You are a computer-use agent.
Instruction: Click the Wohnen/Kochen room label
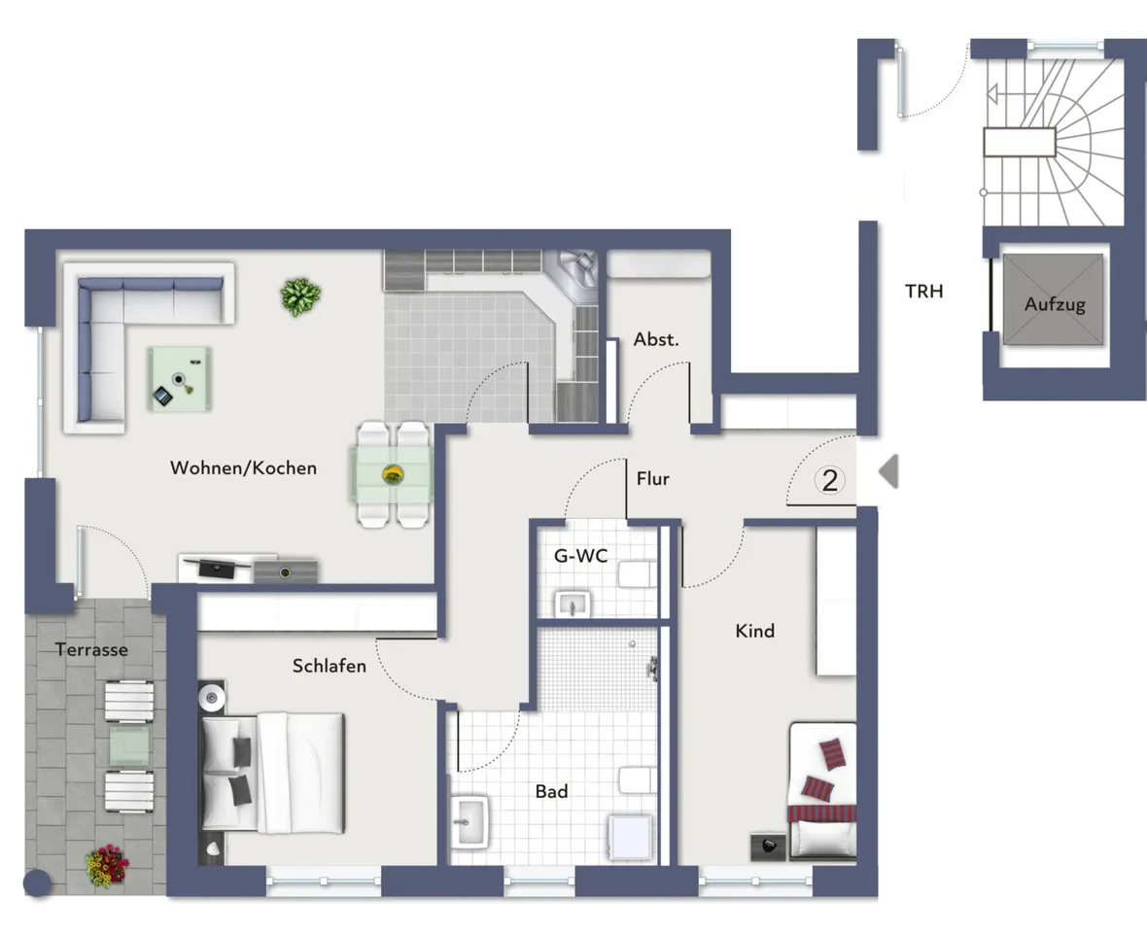point(244,468)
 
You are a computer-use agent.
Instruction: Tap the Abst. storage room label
point(656,339)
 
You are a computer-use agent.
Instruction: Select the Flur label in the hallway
point(652,479)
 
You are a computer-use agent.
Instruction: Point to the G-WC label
point(581,556)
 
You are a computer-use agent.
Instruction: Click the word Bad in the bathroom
point(551,791)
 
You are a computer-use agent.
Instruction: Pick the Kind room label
point(755,631)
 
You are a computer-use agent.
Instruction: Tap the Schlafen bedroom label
point(330,666)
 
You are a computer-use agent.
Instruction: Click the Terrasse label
point(91,649)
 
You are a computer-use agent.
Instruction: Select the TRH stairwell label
point(923,291)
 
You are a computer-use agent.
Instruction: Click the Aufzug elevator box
point(1054,299)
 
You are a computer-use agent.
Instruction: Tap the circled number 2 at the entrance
point(829,480)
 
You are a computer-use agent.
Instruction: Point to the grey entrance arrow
point(888,471)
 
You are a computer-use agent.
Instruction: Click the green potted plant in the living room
point(300,296)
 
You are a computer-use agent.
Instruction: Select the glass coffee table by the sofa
point(180,379)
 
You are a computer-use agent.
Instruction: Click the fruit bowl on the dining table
point(393,474)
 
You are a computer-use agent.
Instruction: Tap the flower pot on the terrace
point(107,867)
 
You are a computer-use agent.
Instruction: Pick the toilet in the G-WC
point(638,574)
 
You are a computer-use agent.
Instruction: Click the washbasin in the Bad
point(469,822)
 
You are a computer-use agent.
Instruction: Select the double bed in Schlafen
point(272,773)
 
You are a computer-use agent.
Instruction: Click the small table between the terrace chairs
point(129,745)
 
